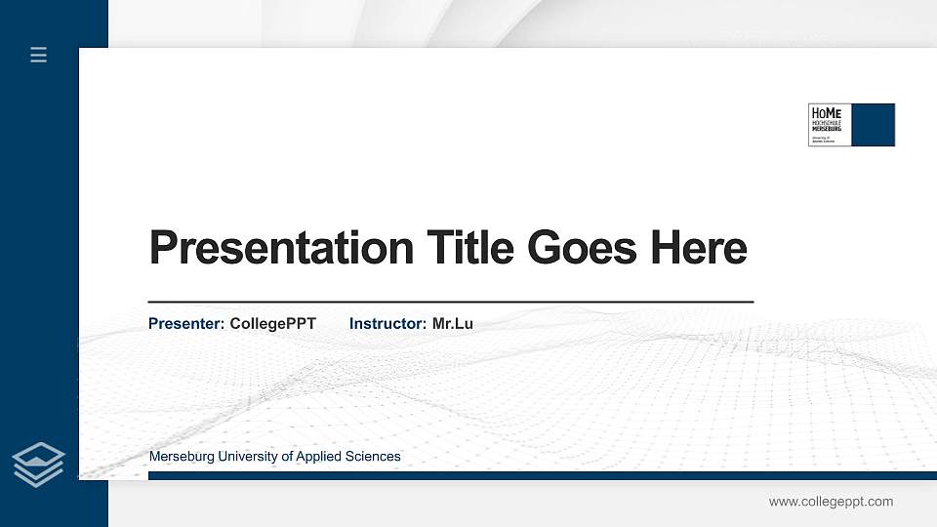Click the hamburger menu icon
[39, 55]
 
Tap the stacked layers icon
[39, 464]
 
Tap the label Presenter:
[186, 323]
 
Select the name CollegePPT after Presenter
[273, 323]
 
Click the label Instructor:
[387, 323]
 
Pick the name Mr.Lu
[452, 323]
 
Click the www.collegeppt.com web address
[831, 502]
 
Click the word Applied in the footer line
[319, 457]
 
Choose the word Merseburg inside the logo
[826, 129]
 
